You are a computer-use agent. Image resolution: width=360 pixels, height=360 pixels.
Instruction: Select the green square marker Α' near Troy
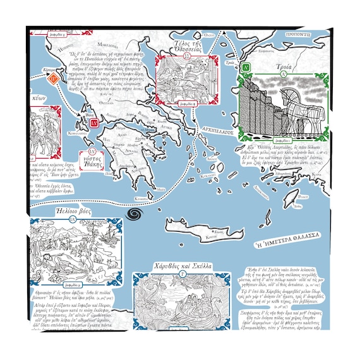pyautogui.click(x=247, y=66)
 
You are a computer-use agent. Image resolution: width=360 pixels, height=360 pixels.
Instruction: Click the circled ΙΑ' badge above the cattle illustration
pyautogui.click(x=73, y=219)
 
